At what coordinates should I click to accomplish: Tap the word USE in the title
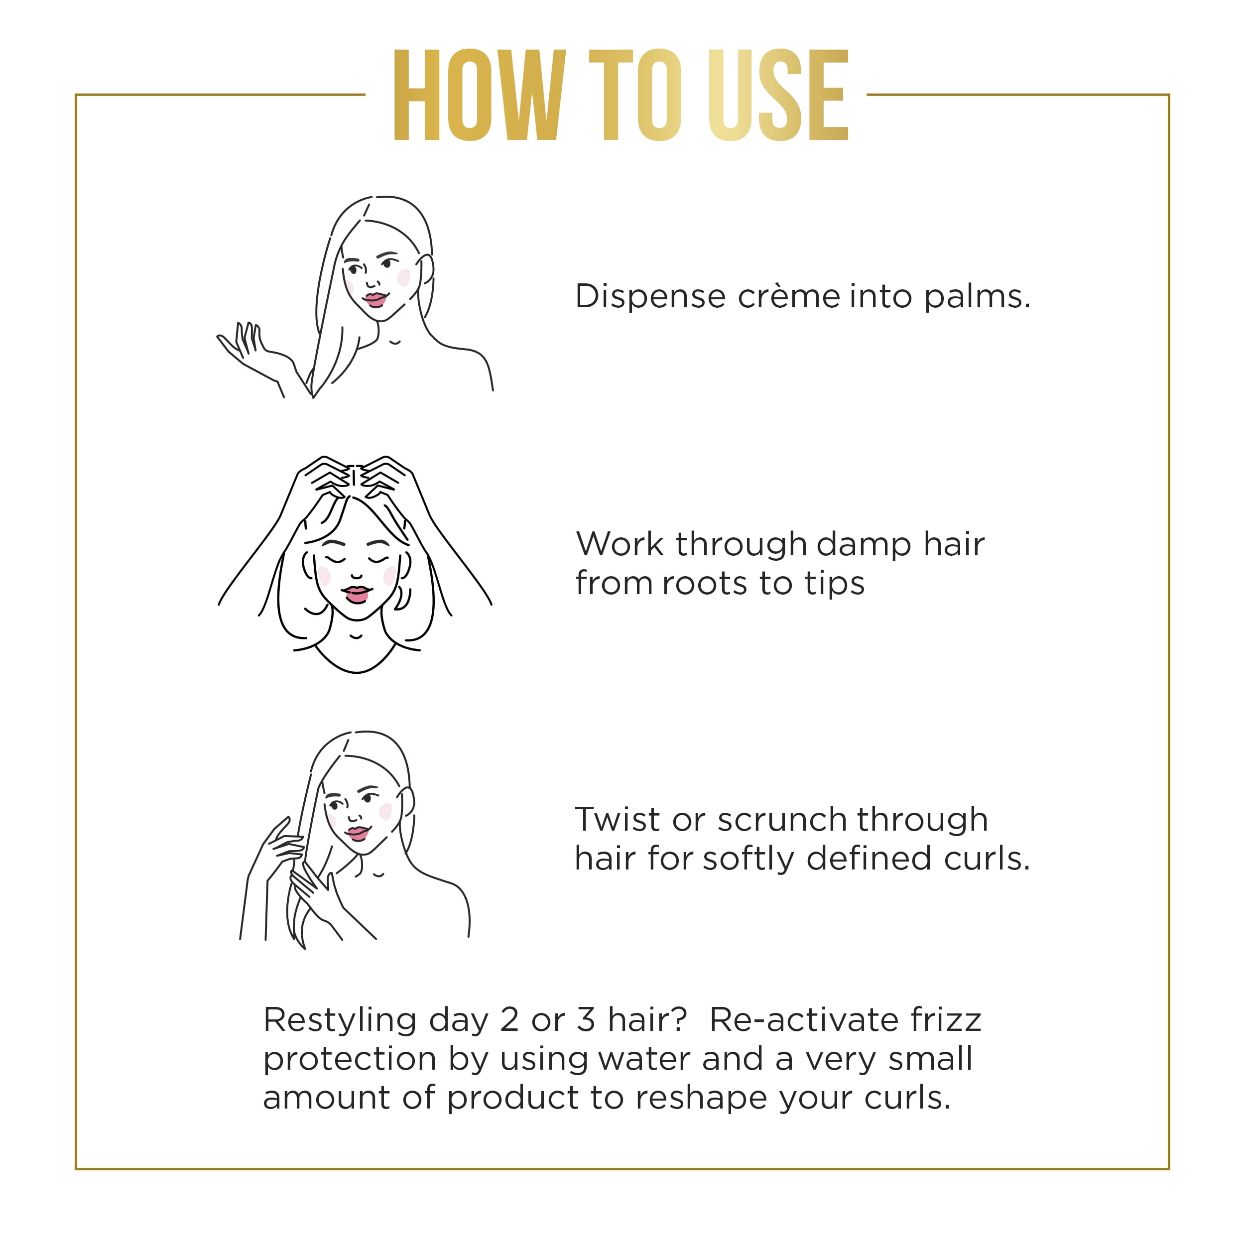click(x=778, y=95)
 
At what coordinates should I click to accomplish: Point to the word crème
click(x=789, y=296)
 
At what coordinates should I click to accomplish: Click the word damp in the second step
click(x=855, y=543)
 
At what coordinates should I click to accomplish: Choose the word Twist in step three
click(x=618, y=820)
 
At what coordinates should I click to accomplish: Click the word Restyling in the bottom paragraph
click(x=340, y=1021)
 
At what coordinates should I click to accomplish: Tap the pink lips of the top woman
click(x=374, y=300)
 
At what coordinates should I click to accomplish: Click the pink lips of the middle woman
click(x=357, y=594)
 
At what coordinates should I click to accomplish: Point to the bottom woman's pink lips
click(x=358, y=833)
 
